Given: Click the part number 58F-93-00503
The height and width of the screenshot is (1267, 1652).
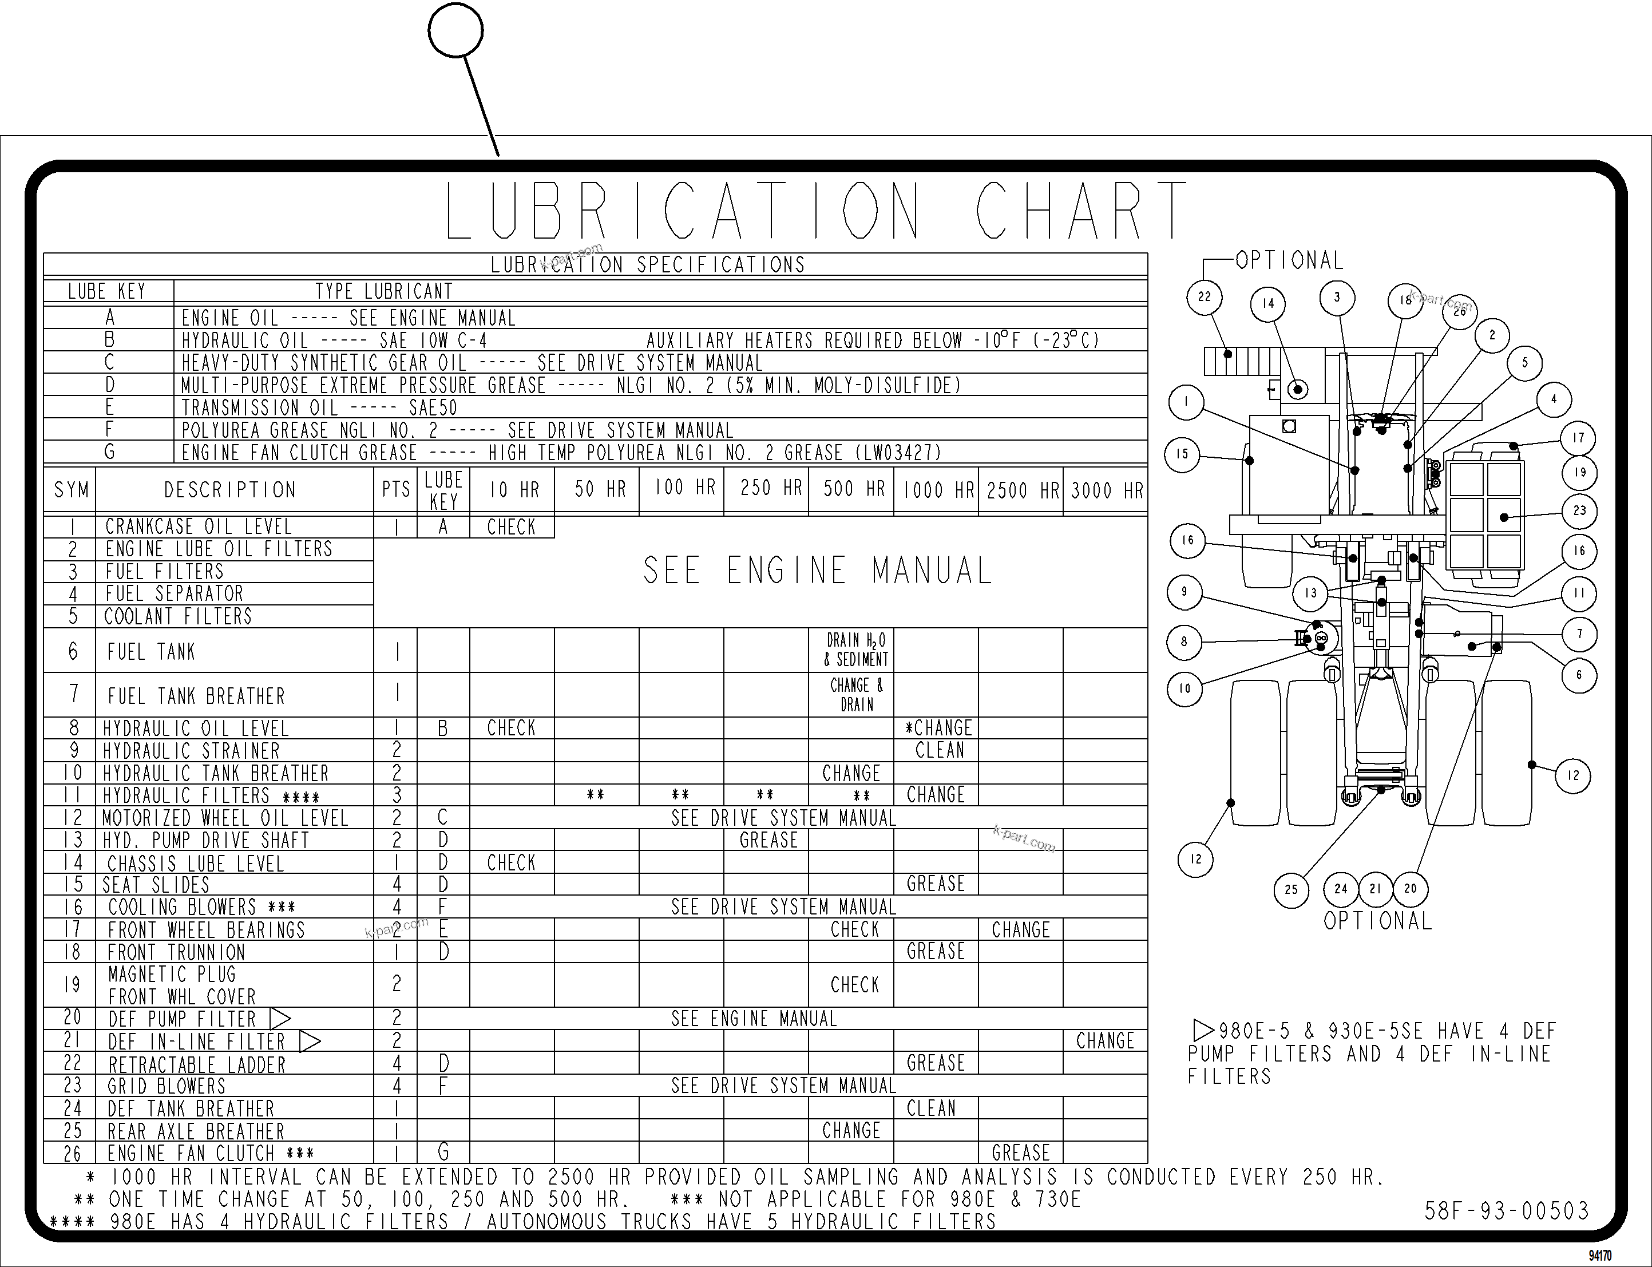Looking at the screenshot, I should pyautogui.click(x=1506, y=1211).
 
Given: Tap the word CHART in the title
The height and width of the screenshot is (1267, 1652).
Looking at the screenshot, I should pyautogui.click(x=1080, y=211).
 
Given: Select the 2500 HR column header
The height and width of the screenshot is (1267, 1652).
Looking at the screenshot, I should pyautogui.click(x=1021, y=491).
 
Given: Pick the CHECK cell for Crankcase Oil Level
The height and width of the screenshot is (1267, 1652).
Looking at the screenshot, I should pyautogui.click(x=511, y=527).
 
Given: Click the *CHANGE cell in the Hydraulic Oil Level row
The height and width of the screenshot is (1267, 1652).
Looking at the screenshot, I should pyautogui.click(x=937, y=728).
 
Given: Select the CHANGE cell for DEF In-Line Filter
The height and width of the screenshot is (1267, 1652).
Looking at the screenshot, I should pyautogui.click(x=1104, y=1041).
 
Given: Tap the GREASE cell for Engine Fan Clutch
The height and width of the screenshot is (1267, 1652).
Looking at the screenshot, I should pyautogui.click(x=1021, y=1153).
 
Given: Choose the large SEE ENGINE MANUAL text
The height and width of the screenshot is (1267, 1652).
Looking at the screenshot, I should pyautogui.click(x=817, y=571).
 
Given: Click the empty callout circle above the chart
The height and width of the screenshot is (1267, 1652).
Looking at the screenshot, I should pyautogui.click(x=455, y=31).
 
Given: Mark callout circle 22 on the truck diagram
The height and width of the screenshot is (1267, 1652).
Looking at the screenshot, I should pyautogui.click(x=1204, y=297).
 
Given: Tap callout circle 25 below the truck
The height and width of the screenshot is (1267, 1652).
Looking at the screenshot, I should pyautogui.click(x=1291, y=890).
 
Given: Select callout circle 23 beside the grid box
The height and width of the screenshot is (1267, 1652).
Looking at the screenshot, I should pyautogui.click(x=1579, y=510).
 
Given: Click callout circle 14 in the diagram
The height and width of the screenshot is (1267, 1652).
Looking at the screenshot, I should pyautogui.click(x=1267, y=304).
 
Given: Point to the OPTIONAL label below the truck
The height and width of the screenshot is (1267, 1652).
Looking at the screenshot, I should pyautogui.click(x=1377, y=921).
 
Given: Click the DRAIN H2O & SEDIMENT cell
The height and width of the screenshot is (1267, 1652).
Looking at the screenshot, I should pyautogui.click(x=857, y=650).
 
